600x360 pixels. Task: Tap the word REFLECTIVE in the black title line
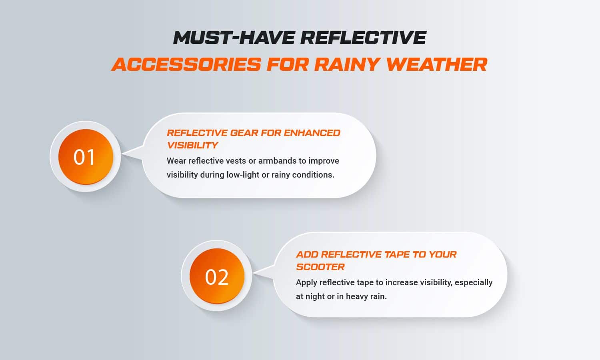click(363, 37)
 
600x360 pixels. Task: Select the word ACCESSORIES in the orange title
click(186, 64)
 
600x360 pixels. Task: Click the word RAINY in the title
click(347, 64)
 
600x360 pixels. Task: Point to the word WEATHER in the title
click(436, 64)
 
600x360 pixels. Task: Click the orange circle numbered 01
click(86, 157)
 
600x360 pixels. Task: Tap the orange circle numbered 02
click(217, 276)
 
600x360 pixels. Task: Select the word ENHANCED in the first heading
click(312, 133)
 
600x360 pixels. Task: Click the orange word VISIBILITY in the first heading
click(192, 145)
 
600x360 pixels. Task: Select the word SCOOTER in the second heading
click(320, 267)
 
